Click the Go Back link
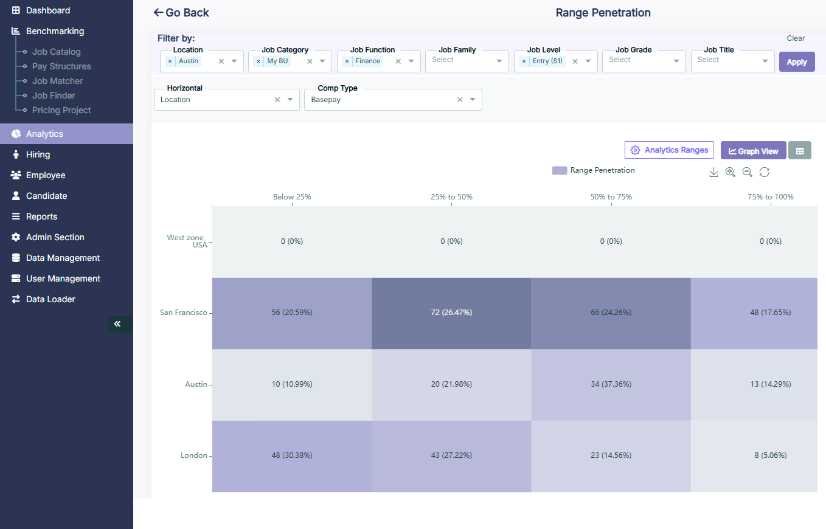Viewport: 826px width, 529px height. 181,13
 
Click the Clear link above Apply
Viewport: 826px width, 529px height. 796,38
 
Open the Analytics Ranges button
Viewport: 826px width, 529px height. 669,150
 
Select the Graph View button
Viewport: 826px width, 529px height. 753,151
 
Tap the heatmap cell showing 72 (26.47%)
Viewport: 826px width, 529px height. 451,313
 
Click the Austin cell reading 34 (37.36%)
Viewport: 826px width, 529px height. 611,384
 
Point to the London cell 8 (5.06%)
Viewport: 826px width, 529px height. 770,455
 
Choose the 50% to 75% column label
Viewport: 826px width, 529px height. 611,197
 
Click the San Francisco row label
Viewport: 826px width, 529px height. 183,313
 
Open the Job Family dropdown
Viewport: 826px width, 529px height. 467,61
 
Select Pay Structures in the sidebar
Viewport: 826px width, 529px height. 61,66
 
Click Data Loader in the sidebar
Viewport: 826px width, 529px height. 50,299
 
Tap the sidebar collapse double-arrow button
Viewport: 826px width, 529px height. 117,324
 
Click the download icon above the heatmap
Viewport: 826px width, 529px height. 714,173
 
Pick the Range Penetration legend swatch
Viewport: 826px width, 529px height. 560,171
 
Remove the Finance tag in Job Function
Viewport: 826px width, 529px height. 347,61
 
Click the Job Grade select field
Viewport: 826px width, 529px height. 644,61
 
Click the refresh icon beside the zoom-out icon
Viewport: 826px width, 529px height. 765,173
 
